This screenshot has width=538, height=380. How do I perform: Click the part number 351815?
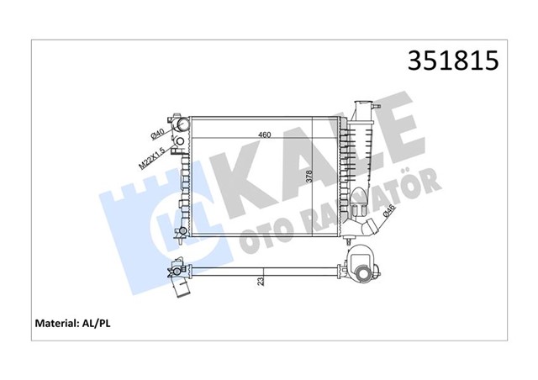click(453, 61)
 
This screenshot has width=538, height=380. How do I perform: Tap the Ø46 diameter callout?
click(388, 217)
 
